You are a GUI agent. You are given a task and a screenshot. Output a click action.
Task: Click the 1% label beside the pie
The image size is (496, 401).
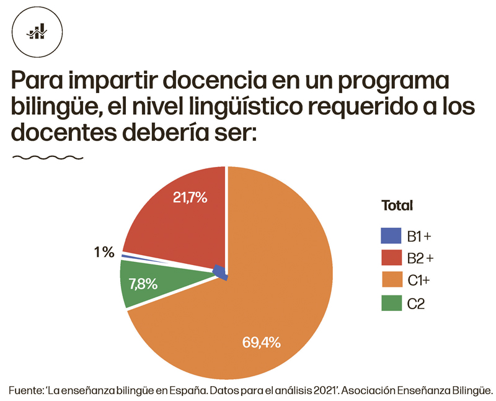pos(104,252)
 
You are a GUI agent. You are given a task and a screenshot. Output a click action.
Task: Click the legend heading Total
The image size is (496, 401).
pos(397,205)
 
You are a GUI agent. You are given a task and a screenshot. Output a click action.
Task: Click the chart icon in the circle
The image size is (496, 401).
pos(38,32)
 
